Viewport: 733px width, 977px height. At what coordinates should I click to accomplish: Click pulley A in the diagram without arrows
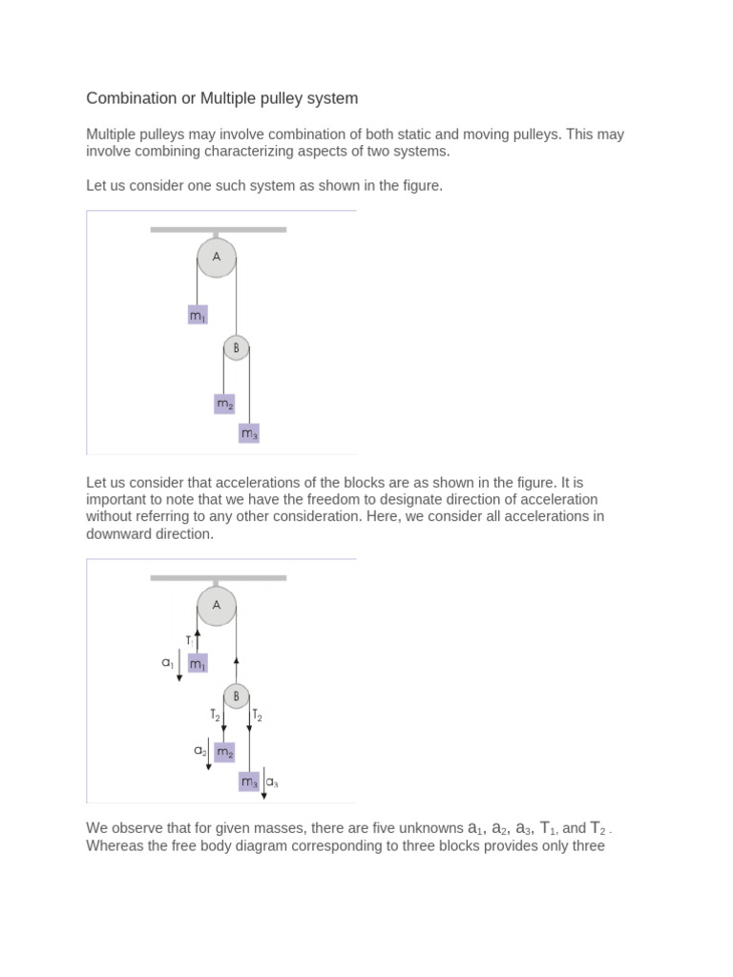217,258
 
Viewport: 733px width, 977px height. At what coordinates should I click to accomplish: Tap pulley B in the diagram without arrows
236,349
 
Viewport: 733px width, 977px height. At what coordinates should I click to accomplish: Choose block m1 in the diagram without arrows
198,315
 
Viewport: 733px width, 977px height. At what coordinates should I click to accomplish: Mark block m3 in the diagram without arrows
249,434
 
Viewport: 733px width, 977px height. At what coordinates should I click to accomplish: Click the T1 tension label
190,641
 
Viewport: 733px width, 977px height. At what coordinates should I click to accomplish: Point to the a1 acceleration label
168,662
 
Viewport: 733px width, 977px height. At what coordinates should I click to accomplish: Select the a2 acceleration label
200,751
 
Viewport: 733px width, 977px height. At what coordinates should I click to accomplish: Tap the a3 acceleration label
272,782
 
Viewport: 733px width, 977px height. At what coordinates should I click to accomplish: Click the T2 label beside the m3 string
258,715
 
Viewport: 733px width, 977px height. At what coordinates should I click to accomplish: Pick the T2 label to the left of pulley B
215,714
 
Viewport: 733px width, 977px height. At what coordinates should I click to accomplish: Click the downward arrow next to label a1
179,665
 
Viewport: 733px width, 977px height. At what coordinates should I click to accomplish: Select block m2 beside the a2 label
224,752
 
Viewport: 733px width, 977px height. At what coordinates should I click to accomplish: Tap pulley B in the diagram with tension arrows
236,696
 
